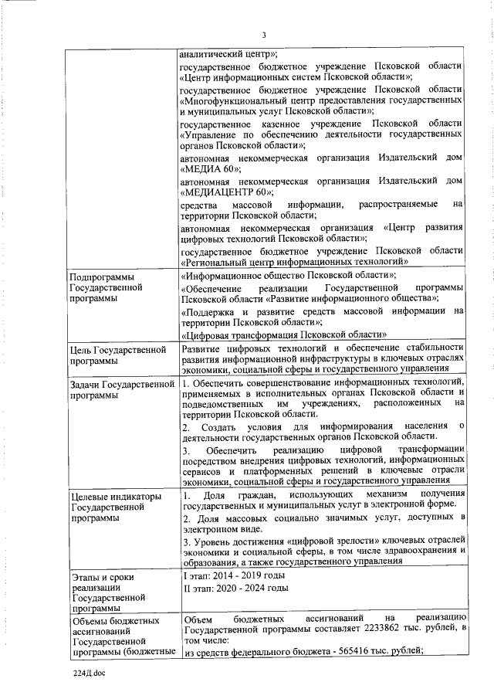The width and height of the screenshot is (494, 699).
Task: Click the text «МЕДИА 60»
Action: [x=210, y=169]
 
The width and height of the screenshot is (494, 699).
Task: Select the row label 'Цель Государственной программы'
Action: [x=118, y=355]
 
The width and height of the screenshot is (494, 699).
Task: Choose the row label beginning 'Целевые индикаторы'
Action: [x=116, y=507]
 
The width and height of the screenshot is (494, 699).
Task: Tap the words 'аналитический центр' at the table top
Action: [x=227, y=54]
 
